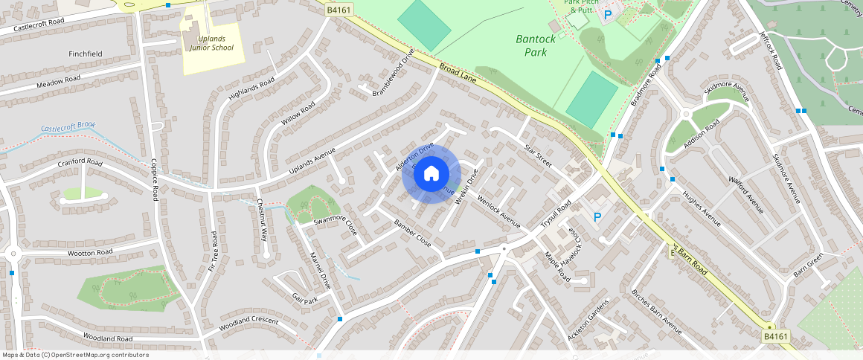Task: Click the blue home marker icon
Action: coord(431,174)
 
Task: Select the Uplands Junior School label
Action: coord(211,42)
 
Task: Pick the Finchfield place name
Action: coord(86,54)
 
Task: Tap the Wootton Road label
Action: coord(90,253)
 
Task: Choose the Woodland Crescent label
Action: coord(248,325)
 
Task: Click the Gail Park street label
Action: coord(305,299)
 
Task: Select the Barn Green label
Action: coord(809,264)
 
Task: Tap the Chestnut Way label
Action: coord(262,220)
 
